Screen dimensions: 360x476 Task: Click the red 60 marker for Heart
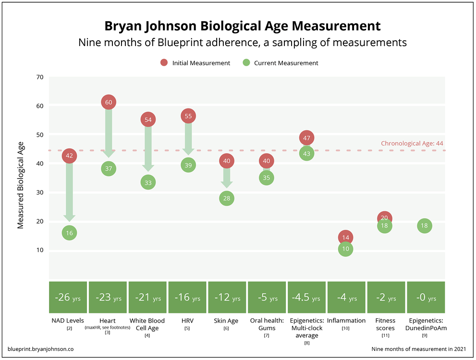109,102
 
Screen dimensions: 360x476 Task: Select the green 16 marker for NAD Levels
69,233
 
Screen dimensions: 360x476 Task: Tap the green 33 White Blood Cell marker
148,182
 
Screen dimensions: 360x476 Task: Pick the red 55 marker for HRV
188,116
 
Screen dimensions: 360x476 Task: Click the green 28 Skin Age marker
227,198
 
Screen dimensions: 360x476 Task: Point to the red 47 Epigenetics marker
307,138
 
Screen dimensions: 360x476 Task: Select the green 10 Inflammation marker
345,249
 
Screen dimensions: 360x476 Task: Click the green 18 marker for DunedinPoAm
425,226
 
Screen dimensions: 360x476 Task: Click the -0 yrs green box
425,298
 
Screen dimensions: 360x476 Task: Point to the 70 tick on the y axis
39,77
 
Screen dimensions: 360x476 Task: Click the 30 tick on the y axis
39,192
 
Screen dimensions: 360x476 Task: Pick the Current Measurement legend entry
281,63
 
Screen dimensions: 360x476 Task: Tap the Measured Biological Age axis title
21,185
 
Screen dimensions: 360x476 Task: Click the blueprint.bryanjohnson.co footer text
41,348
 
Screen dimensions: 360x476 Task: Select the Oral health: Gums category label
267,324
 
